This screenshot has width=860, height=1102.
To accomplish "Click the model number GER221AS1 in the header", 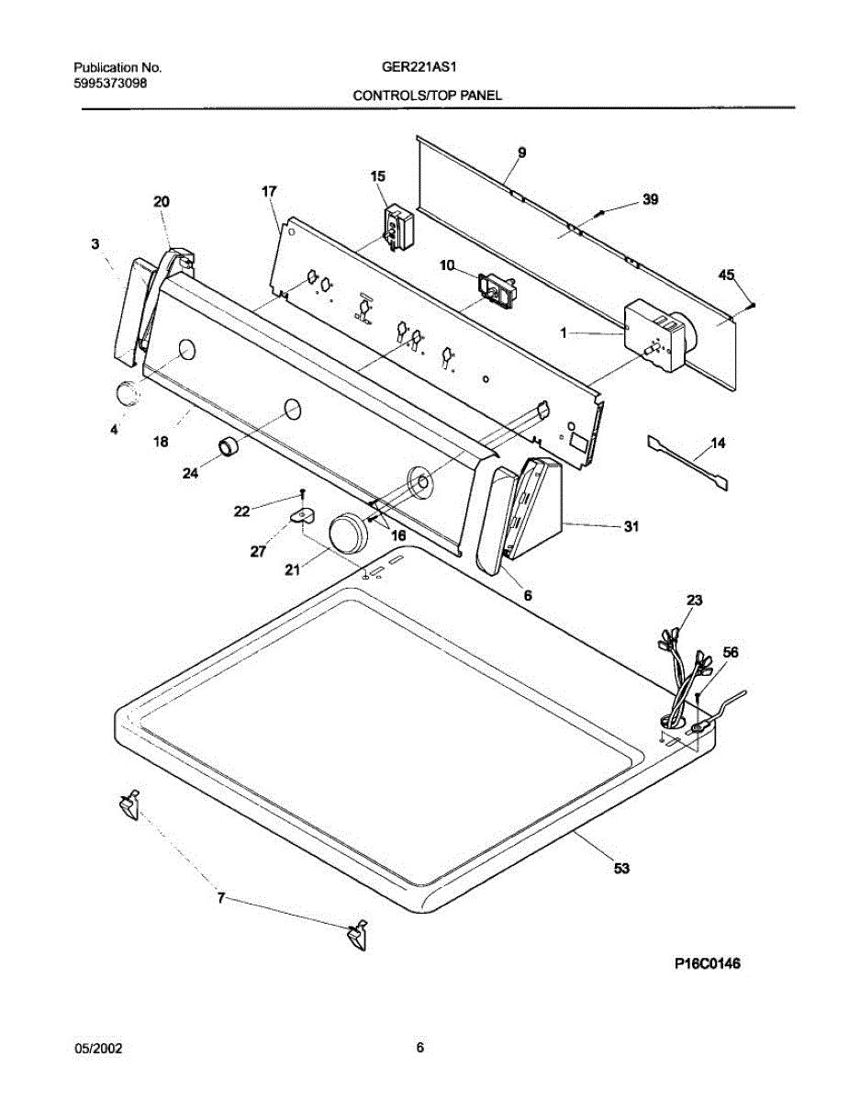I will click(x=419, y=68).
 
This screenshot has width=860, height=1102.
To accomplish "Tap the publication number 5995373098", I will click(x=111, y=83).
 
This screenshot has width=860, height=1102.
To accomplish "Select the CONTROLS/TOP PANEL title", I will click(x=428, y=96).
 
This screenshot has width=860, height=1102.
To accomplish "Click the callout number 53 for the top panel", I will click(x=621, y=867).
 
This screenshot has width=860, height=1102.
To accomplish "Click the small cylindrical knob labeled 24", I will click(x=228, y=447).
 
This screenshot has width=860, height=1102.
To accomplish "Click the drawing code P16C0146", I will click(x=708, y=963).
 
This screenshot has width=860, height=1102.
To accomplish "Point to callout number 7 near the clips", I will click(x=220, y=899).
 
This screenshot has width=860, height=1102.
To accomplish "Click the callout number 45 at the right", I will click(x=726, y=275).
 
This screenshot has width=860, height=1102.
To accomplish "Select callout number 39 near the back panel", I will click(x=650, y=198).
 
